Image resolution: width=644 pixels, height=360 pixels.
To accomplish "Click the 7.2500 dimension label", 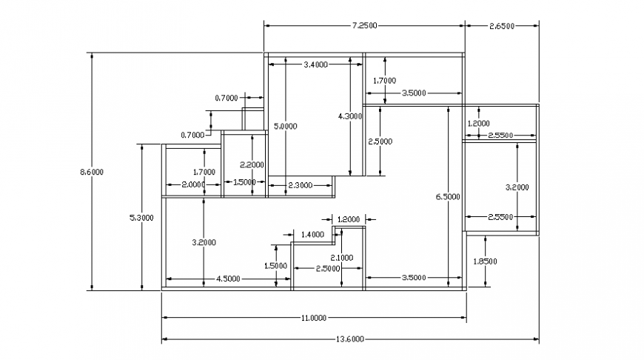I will point(364,25).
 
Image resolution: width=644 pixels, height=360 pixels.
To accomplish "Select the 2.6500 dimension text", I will point(501,25).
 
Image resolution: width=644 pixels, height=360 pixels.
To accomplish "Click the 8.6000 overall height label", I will point(92,172).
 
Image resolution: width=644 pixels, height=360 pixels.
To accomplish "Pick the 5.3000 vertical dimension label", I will point(141,217).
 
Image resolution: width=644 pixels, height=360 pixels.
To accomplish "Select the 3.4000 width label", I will point(316,65).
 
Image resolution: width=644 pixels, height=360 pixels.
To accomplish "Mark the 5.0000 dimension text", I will point(286,127).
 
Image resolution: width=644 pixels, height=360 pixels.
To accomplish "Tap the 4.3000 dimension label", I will point(349,116).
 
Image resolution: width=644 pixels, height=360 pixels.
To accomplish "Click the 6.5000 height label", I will point(448,196).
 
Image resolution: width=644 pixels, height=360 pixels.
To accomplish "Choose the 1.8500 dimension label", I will point(485,261).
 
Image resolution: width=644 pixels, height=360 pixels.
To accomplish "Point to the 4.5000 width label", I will point(227,279).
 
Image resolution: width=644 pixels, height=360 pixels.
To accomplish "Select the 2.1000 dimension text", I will point(341,257).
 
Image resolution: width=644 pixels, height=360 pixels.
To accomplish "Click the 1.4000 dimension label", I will point(312,234).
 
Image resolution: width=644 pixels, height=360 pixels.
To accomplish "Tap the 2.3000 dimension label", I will point(299,184).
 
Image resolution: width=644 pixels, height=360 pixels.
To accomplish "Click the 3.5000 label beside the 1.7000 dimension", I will point(413,93).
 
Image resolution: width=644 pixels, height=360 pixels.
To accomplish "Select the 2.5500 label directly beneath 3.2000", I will point(500,217).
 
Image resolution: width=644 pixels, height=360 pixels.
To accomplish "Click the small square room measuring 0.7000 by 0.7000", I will point(254,119).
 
